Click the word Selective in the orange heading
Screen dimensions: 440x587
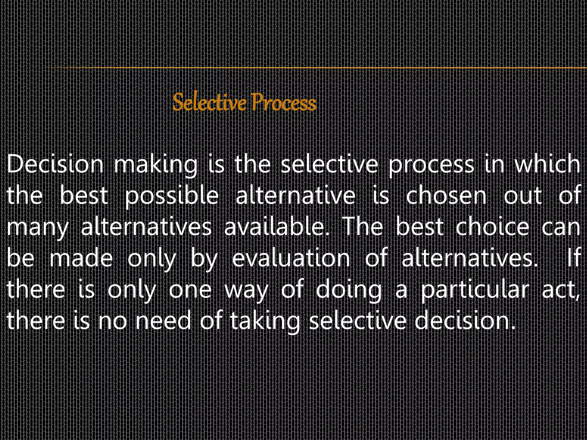coord(210,103)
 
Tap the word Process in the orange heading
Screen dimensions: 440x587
coord(284,103)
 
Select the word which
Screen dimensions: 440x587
coord(547,164)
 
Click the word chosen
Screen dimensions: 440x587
coord(446,196)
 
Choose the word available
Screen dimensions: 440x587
coord(277,227)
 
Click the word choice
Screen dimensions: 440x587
coord(492,227)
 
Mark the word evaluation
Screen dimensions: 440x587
coord(291,258)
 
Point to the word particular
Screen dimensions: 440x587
coord(475,290)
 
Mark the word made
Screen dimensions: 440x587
coord(81,258)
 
